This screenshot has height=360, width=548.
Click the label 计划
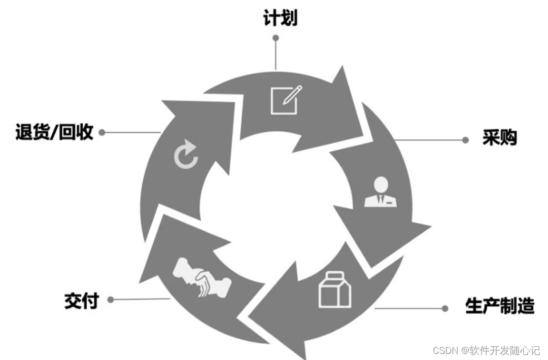(x=280, y=18)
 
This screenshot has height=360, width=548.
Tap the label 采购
(x=499, y=137)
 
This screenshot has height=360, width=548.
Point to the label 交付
(x=81, y=300)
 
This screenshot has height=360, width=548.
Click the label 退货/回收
(x=54, y=132)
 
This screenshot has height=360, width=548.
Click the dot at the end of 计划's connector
(x=276, y=38)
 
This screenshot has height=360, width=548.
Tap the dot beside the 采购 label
(x=465, y=140)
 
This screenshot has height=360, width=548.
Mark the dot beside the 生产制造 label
(x=445, y=308)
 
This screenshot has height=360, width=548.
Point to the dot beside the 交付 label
(x=111, y=300)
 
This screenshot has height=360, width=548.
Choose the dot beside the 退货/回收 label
(x=102, y=132)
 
